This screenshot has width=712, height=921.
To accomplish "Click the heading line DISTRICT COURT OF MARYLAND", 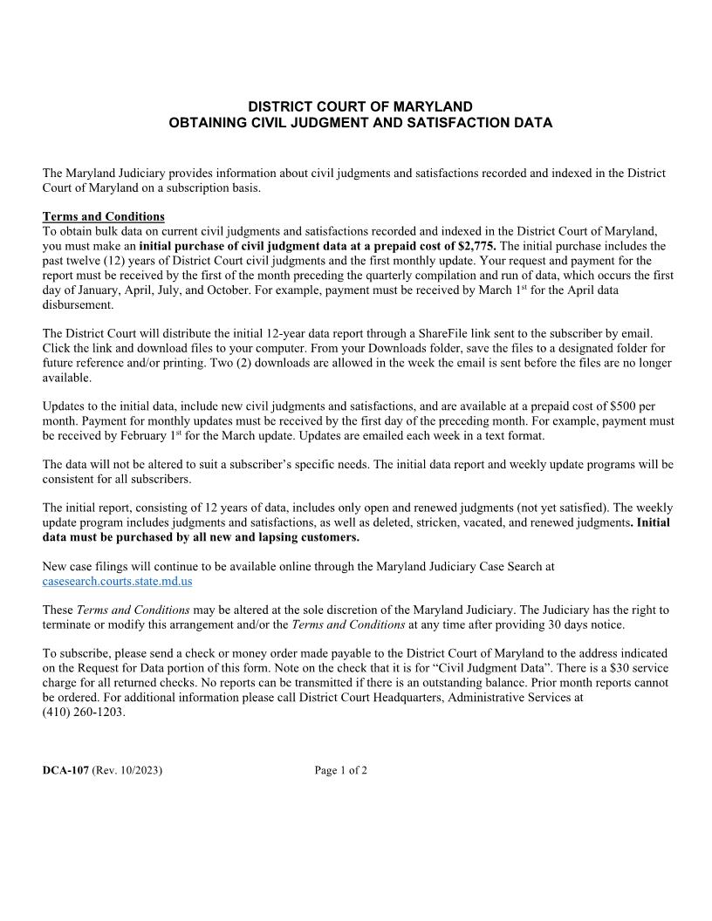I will [x=359, y=106].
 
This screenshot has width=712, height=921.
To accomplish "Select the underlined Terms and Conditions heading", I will [x=103, y=216].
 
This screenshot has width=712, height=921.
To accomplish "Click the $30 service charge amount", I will [x=613, y=667].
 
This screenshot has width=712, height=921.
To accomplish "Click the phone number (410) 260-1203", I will [x=84, y=712].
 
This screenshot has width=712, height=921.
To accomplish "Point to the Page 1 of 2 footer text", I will [x=341, y=770].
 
